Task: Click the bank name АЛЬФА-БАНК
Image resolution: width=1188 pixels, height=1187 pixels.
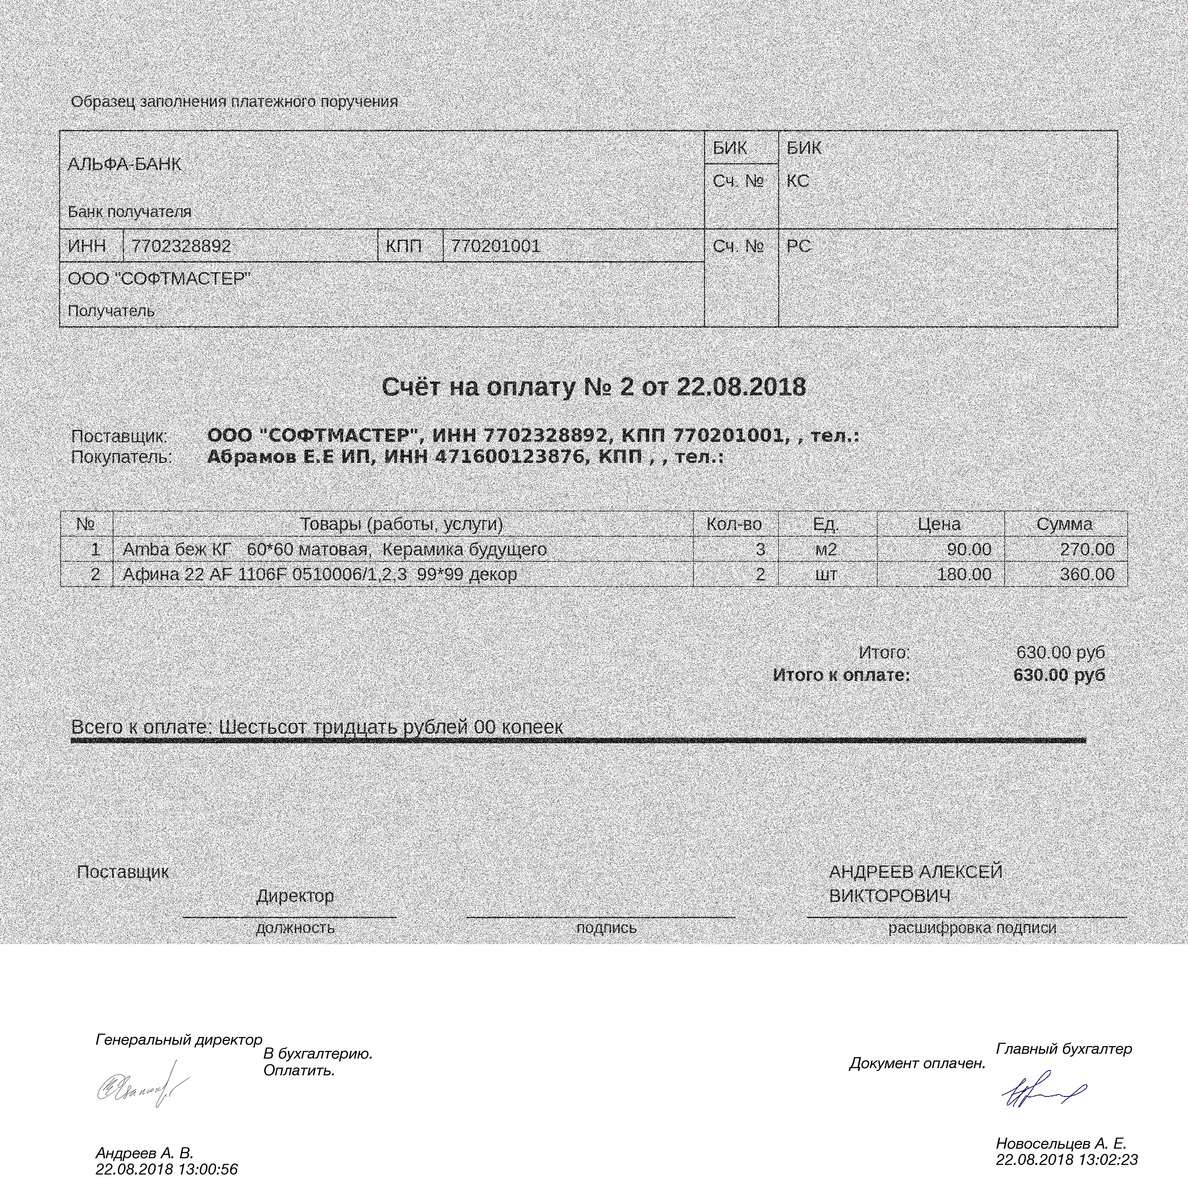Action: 124,165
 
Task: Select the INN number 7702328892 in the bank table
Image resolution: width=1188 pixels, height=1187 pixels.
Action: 182,247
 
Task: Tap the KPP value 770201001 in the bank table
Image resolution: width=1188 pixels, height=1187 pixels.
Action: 496,247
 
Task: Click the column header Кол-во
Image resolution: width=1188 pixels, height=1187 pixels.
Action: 734,524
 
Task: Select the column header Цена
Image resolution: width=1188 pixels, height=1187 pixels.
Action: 939,524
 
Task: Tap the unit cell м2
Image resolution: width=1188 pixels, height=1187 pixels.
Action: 826,549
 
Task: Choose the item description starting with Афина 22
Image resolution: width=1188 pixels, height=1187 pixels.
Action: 320,575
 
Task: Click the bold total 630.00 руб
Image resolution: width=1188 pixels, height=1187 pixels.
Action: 1059,675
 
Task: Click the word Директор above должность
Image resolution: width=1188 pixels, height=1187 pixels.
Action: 295,896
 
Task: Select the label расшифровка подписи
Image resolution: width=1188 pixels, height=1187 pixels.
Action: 972,928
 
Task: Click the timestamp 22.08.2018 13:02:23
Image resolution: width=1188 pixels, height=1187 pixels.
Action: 1067,1160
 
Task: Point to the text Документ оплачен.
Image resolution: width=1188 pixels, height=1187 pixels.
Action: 917,1063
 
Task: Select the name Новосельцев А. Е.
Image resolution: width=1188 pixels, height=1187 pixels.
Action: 1061,1143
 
